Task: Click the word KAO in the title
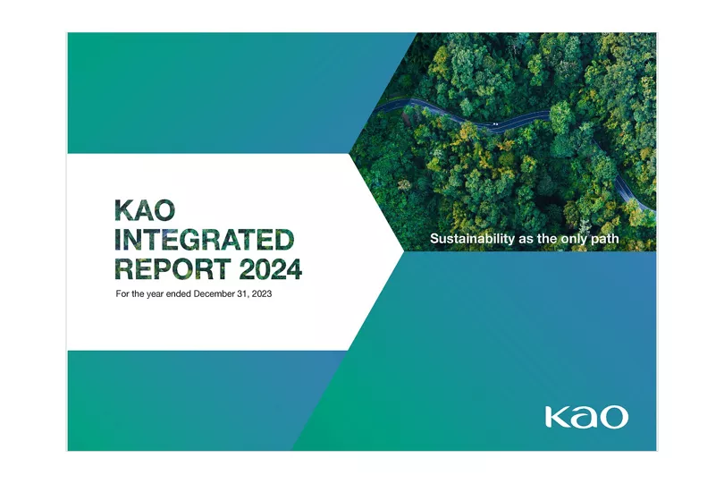tap(145, 210)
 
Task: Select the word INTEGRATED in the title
tap(204, 240)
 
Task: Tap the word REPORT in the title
tap(173, 269)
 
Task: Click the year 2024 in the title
tap(271, 269)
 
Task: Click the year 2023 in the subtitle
tap(262, 293)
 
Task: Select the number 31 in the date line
tap(242, 293)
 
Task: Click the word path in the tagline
tap(605, 239)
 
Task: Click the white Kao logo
tap(586, 417)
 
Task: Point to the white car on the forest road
tap(495, 123)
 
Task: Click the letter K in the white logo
tap(556, 417)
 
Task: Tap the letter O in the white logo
tap(614, 418)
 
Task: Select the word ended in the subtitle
tap(179, 293)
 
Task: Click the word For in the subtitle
tap(122, 293)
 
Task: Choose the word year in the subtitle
tap(156, 294)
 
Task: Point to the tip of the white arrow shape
tap(404, 251)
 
